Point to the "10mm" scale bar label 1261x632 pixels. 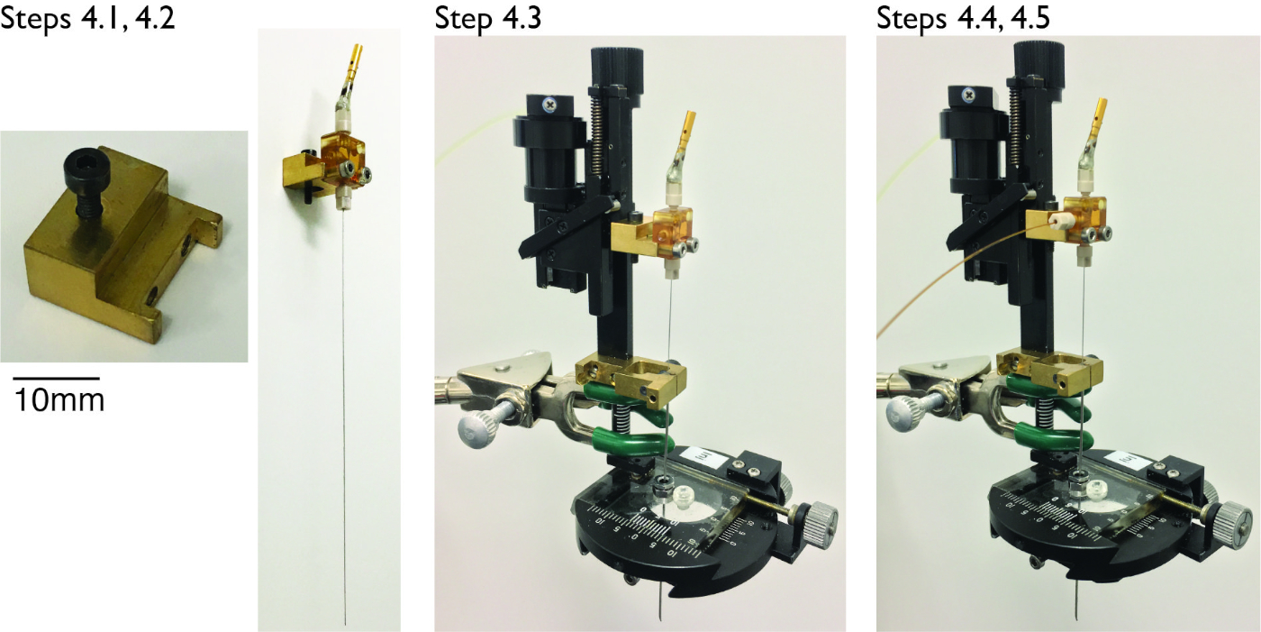point(59,400)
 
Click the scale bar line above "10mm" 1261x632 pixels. point(56,378)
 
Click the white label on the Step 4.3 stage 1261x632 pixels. point(697,459)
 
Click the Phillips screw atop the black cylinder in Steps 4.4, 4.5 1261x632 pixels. point(968,96)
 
